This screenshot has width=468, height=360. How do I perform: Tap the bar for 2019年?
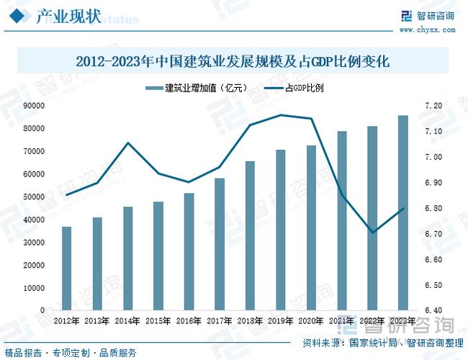point(281,230)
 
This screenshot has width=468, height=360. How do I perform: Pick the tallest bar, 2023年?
point(403,212)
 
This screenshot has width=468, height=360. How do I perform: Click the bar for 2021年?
point(342,220)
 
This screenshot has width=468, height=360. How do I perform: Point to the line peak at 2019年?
point(281,115)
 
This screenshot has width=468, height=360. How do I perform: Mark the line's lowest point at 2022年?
point(373,233)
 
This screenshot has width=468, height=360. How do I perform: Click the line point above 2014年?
point(127,143)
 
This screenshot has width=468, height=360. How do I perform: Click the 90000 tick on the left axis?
point(34,106)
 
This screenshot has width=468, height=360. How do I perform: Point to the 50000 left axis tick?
point(34,197)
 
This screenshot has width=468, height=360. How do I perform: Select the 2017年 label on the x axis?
point(220,320)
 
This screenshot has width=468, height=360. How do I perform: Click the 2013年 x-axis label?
point(97,320)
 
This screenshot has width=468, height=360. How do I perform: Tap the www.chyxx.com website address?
point(426,30)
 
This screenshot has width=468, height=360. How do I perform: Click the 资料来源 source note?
point(378,342)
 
